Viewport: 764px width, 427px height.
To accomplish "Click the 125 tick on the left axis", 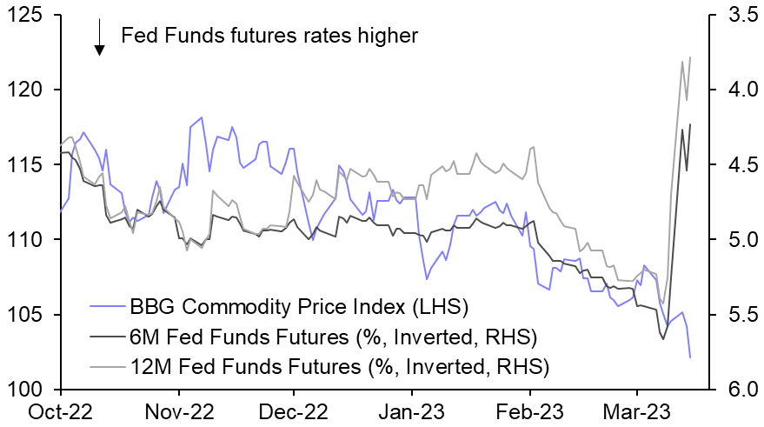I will tap(30, 16).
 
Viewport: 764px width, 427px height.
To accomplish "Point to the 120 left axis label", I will tap(30, 90).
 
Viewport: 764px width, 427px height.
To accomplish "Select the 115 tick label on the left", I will tap(30, 165).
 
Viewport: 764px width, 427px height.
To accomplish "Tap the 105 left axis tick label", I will tap(30, 315).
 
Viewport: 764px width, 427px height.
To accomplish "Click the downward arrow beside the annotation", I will tap(100, 37).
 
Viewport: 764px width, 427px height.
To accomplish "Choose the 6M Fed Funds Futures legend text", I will tap(333, 337).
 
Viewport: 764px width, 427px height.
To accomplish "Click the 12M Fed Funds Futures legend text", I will tap(339, 366).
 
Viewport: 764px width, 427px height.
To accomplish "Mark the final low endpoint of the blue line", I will tap(690, 357).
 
